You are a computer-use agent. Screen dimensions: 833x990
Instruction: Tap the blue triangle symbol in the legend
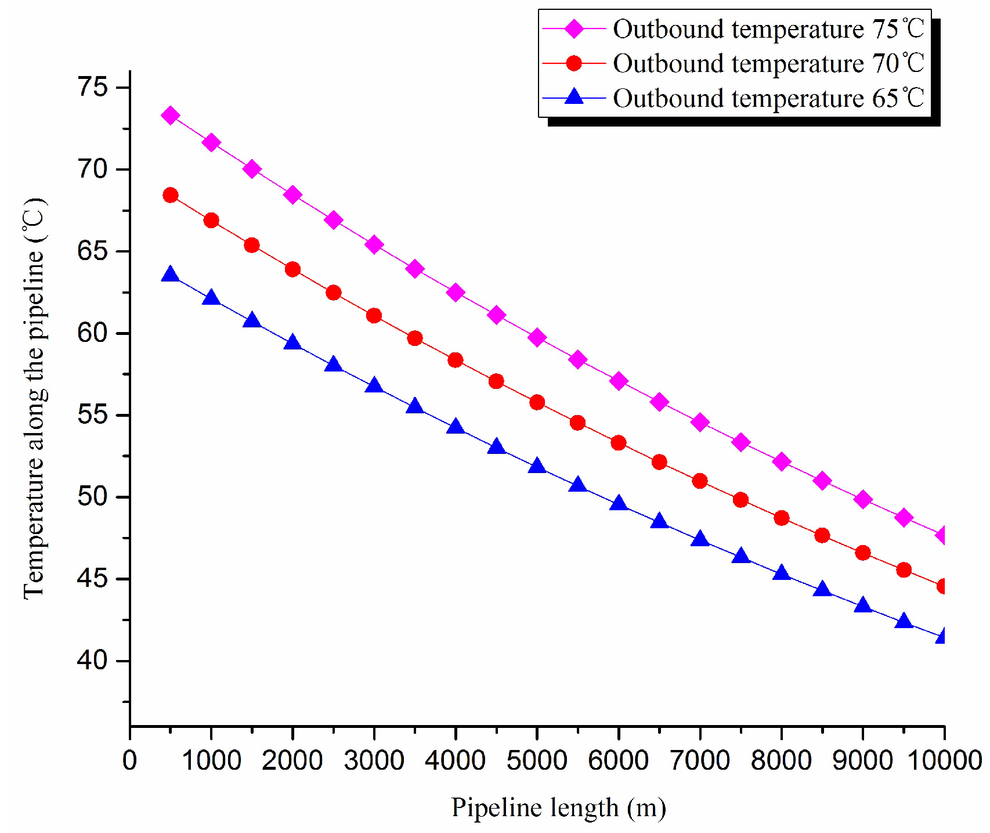pos(574,96)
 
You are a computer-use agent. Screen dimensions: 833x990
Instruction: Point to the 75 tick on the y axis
pos(93,87)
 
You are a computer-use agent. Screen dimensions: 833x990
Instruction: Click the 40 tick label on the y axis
pos(93,661)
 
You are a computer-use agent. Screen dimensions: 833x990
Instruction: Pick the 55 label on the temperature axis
pos(93,415)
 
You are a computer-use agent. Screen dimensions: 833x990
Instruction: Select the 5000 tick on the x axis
pos(537,760)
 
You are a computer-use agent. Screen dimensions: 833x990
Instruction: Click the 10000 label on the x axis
pos(944,760)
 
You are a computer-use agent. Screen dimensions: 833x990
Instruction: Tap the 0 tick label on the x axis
pos(130,760)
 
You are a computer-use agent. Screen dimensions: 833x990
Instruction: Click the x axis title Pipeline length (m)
pos(558,807)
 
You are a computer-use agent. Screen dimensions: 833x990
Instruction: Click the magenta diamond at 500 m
pos(170,116)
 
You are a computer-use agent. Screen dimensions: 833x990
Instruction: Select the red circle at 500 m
pos(170,195)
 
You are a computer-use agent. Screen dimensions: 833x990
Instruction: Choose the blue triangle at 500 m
pos(170,275)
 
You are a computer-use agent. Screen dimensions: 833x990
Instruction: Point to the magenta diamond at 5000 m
pos(537,337)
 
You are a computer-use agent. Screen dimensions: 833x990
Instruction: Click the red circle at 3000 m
pos(374,316)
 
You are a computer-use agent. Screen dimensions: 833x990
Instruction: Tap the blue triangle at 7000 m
pos(700,539)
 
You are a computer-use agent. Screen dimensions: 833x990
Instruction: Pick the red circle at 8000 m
pos(781,518)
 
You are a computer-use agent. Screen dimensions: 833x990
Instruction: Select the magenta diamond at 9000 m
pos(863,499)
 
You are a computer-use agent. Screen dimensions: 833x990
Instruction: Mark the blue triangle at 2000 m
pos(292,342)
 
